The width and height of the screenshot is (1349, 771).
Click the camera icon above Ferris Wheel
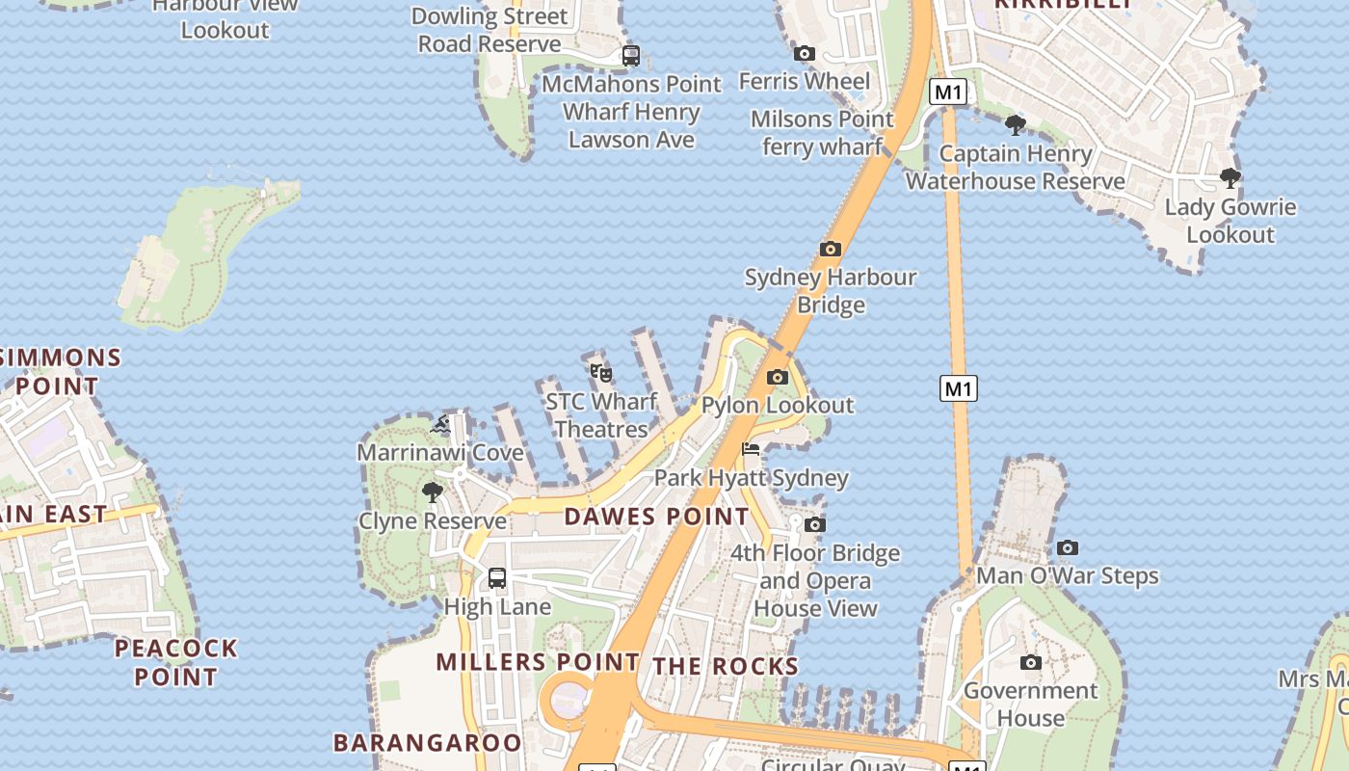(805, 54)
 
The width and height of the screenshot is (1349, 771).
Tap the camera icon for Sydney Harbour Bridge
(831, 250)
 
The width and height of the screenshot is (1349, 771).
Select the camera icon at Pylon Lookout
(778, 378)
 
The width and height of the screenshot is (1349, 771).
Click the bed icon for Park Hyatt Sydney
(751, 450)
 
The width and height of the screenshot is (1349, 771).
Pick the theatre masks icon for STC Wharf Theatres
(601, 373)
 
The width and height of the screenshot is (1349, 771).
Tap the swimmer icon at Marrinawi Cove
(441, 425)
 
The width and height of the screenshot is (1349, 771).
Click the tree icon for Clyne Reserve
(433, 492)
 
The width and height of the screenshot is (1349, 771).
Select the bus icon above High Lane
(497, 578)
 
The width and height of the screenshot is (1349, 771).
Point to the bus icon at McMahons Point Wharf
(631, 56)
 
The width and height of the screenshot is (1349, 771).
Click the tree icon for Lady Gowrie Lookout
(1230, 178)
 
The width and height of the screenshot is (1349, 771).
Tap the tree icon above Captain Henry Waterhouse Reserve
(1015, 125)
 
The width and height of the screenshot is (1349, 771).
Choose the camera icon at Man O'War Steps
(1068, 548)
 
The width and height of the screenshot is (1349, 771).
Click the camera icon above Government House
(1031, 663)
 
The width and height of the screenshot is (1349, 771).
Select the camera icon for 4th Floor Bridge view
(815, 525)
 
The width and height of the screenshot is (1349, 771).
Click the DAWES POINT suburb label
(657, 517)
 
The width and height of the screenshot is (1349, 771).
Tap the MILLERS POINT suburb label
(538, 662)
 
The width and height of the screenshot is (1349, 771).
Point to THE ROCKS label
(726, 666)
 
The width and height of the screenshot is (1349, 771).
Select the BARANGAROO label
(428, 743)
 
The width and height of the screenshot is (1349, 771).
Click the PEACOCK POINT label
(176, 662)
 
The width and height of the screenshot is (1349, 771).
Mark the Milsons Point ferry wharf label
(822, 133)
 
